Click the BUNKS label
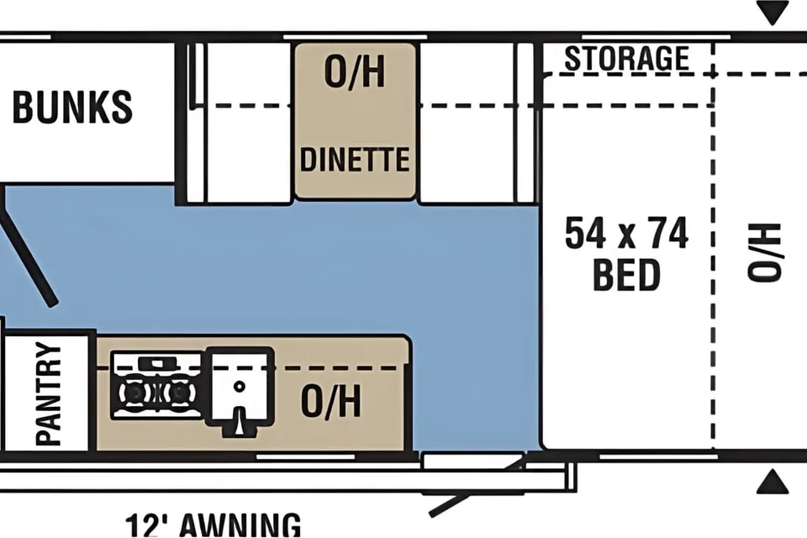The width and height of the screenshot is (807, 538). (72, 107)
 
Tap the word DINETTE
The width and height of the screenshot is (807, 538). (355, 159)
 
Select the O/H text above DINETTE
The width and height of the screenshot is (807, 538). (355, 71)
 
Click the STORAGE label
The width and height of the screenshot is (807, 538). (627, 58)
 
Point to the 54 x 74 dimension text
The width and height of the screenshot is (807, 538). (626, 233)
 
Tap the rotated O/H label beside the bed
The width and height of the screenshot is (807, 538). (764, 252)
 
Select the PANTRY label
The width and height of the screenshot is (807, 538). (49, 394)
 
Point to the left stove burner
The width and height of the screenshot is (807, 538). (134, 393)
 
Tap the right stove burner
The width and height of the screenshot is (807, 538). (179, 393)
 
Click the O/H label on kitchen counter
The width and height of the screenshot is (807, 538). (331, 400)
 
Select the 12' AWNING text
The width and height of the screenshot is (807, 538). (213, 525)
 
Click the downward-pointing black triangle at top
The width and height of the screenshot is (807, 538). (772, 13)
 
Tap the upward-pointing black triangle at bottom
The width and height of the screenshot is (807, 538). (772, 482)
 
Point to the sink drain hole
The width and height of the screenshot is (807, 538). (239, 386)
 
